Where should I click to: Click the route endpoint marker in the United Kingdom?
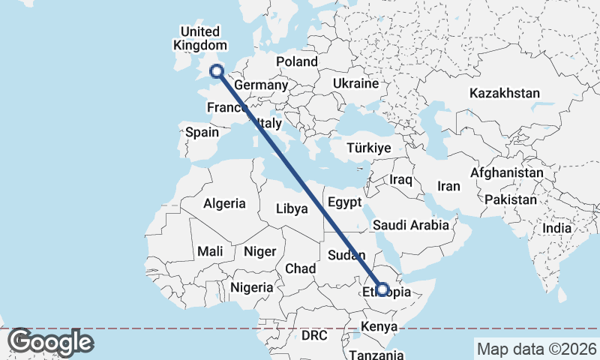[217, 72]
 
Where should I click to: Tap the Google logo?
[50, 343]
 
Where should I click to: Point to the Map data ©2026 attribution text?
[535, 349]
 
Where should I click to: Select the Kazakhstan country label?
[505, 94]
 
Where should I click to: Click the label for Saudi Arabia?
[411, 225]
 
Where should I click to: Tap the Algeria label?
[224, 203]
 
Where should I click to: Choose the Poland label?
[297, 61]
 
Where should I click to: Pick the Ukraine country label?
[355, 83]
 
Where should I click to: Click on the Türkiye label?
[369, 148]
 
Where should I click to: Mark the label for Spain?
[202, 133]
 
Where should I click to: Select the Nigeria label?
[251, 287]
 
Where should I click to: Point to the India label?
[557, 228]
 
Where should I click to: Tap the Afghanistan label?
[507, 173]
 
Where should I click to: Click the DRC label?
[314, 335]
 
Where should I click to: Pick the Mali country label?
[209, 252]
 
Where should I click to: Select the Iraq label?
[401, 180]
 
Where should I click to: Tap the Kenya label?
[378, 327]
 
